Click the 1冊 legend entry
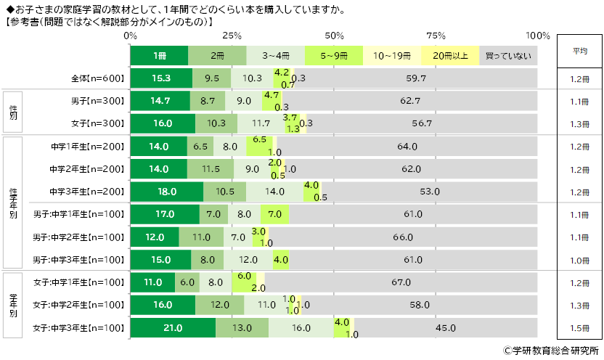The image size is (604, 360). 159,55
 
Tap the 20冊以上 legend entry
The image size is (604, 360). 450,55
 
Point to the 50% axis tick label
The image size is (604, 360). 335,36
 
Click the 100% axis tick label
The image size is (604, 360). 538,36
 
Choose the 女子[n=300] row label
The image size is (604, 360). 99,123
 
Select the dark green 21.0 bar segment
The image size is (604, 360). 173,328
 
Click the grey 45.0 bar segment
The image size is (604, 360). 446,328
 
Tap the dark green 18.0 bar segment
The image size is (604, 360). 167,192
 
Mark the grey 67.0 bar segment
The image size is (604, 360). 401,282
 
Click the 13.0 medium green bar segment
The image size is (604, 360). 242,328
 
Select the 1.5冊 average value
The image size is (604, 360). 578,328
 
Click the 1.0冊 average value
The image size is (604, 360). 578,260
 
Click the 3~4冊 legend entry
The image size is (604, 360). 275,55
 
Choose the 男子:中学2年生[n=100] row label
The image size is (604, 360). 79,237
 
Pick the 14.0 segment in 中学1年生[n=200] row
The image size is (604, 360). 158,146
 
